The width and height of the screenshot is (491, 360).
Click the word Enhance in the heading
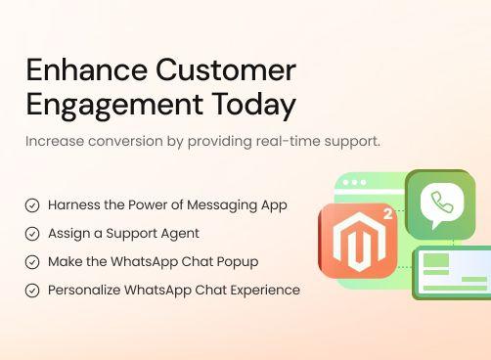point(71,70)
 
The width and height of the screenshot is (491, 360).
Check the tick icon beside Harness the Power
point(32,205)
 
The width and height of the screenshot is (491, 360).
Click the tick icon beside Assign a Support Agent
point(32,234)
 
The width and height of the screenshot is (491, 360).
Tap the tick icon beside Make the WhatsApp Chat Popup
point(32,262)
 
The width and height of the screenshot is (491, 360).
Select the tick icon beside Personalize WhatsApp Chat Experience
point(32,291)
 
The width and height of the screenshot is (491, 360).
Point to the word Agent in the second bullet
point(181,234)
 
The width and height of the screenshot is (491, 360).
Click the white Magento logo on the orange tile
point(356,241)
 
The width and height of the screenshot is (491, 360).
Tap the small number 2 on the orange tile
point(388,212)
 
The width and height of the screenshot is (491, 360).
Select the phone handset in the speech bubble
point(441,203)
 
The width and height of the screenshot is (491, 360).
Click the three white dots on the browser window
point(354,183)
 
